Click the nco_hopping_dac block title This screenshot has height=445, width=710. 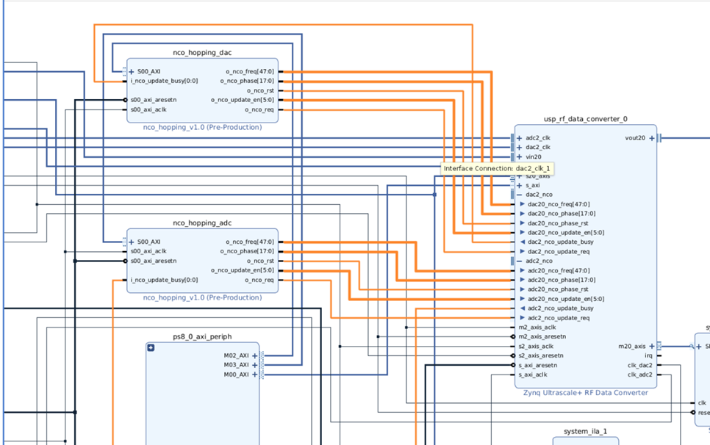(x=202, y=53)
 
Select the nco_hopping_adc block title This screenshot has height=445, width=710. (x=202, y=223)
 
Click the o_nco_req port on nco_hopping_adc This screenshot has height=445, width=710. (x=259, y=280)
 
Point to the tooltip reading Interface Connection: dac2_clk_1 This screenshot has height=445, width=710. (x=496, y=169)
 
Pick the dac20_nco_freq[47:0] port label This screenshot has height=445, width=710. (x=558, y=204)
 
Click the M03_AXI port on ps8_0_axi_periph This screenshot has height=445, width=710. (x=236, y=365)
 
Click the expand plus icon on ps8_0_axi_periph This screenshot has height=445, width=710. (x=151, y=347)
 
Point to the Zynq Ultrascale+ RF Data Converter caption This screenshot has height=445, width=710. (x=585, y=393)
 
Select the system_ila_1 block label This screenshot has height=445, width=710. (x=585, y=431)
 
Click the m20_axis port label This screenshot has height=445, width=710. (x=631, y=346)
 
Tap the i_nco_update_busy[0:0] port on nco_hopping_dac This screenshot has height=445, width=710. (x=164, y=81)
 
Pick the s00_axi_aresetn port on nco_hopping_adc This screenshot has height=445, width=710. (x=153, y=261)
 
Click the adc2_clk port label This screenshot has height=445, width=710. (x=537, y=138)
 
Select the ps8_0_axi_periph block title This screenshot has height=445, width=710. (x=202, y=337)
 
